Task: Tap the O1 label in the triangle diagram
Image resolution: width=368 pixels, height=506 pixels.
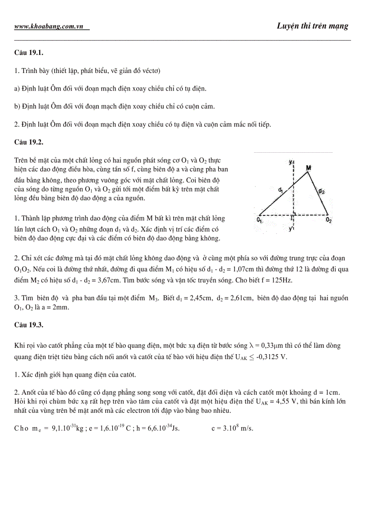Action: [260, 220]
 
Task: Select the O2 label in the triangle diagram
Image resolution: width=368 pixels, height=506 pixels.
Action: [329, 220]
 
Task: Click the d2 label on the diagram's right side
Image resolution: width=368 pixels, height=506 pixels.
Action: [321, 191]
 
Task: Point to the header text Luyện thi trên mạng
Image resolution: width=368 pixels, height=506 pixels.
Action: [313, 26]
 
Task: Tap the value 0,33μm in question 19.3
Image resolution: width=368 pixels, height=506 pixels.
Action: [270, 346]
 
